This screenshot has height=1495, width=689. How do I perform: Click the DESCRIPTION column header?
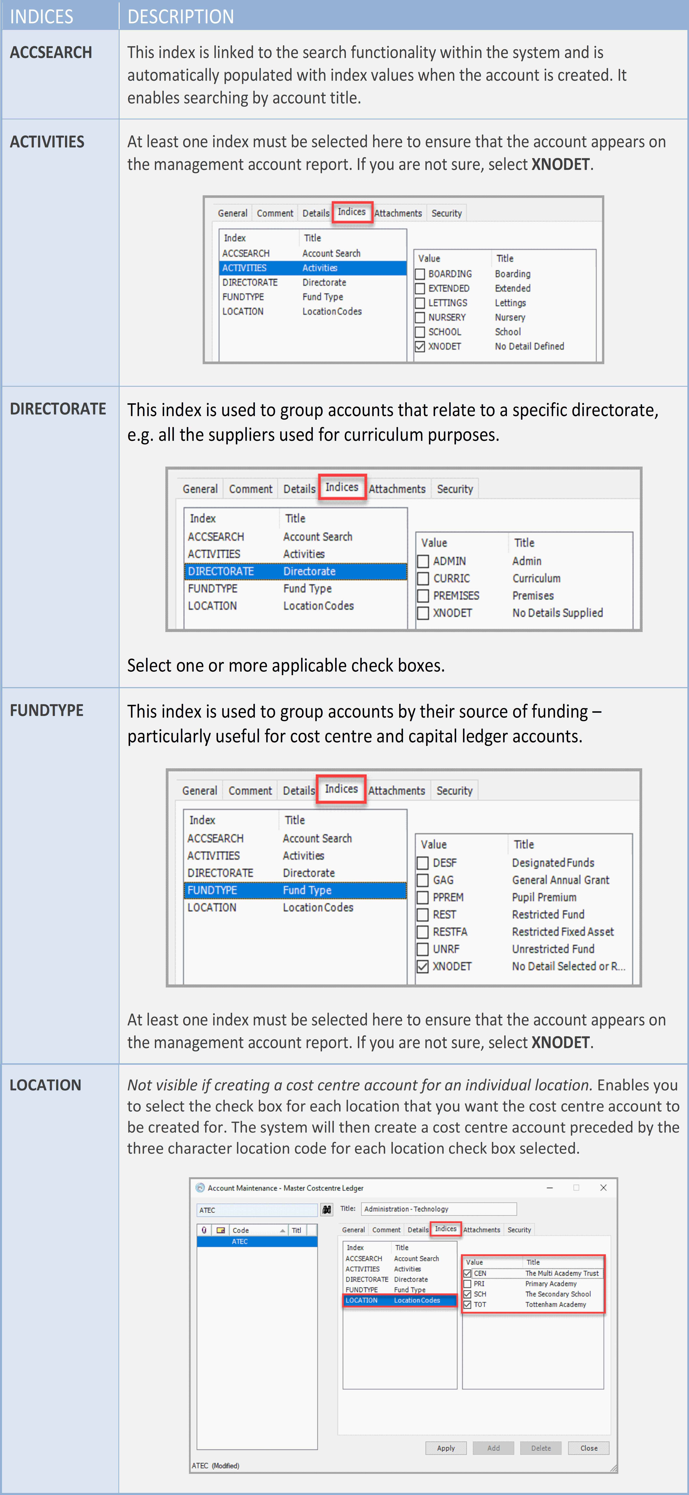pos(180,16)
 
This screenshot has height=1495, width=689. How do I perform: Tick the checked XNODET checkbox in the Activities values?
pos(420,347)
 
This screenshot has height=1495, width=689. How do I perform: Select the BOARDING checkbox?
pos(420,274)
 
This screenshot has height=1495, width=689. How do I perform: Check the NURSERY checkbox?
pos(420,318)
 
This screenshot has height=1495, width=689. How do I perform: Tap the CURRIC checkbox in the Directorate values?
pos(423,579)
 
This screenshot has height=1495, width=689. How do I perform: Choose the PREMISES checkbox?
pos(423,596)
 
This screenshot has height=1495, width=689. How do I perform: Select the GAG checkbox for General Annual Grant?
pos(423,880)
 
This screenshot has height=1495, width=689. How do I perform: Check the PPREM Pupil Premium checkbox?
pos(423,898)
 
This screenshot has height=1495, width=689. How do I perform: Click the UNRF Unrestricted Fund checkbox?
pos(423,950)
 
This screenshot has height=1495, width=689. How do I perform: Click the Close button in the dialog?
pos(589,1448)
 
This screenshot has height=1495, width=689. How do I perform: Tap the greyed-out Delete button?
pos(540,1448)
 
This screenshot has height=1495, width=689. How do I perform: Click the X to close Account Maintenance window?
pos(603,1187)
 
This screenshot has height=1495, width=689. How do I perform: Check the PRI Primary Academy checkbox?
pos(468,1284)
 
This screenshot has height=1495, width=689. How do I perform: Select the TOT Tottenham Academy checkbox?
pos(468,1305)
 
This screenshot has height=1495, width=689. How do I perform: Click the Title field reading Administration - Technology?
pos(438,1209)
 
